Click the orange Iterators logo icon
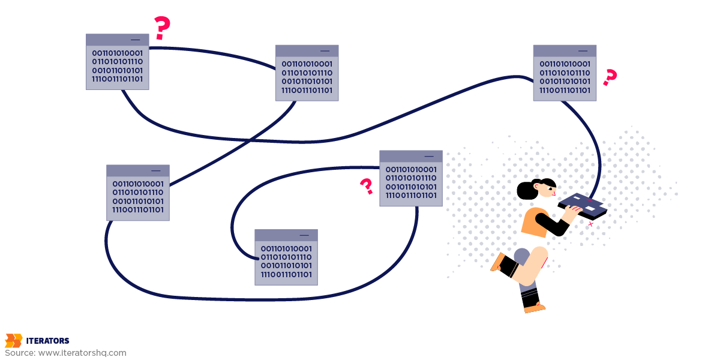[13, 341]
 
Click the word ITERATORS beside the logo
[47, 341]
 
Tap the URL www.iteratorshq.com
[82, 353]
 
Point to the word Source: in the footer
[20, 353]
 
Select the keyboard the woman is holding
[583, 206]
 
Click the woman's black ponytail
[527, 190]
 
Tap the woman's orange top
[535, 223]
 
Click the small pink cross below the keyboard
[590, 224]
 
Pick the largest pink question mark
[162, 28]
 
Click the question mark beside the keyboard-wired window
[610, 77]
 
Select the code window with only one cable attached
[286, 257]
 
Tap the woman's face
[548, 190]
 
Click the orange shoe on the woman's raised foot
[497, 262]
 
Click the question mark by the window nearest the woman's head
[367, 187]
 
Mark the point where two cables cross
[250, 140]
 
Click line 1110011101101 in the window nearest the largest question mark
[118, 79]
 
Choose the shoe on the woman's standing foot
[535, 308]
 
